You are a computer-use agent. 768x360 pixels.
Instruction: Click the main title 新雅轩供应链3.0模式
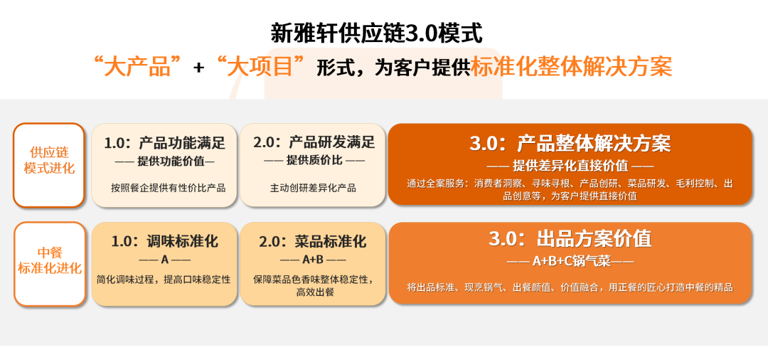pyautogui.click(x=376, y=34)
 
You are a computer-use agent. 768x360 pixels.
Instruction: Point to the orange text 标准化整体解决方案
pyautogui.click(x=571, y=67)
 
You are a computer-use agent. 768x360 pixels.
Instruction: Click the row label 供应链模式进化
pyautogui.click(x=49, y=159)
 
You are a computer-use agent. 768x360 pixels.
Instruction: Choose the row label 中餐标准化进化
pyautogui.click(x=50, y=260)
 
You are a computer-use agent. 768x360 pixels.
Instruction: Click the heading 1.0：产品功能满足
pyautogui.click(x=164, y=142)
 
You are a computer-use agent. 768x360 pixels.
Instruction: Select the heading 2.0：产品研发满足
pyautogui.click(x=314, y=142)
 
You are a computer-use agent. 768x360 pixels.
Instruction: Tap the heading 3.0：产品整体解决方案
pyautogui.click(x=570, y=143)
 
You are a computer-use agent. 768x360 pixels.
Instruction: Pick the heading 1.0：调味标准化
pyautogui.click(x=164, y=241)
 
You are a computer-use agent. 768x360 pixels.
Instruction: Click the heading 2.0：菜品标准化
pyautogui.click(x=312, y=241)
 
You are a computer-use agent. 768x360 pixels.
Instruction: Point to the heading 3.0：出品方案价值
pyautogui.click(x=570, y=238)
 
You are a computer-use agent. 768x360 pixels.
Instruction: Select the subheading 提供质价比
pyautogui.click(x=314, y=160)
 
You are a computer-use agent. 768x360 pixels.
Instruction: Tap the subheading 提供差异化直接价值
pyautogui.click(x=570, y=166)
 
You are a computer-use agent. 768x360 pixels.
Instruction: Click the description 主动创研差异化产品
pyautogui.click(x=313, y=188)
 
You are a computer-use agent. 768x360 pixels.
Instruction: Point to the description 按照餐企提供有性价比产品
pyautogui.click(x=168, y=188)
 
